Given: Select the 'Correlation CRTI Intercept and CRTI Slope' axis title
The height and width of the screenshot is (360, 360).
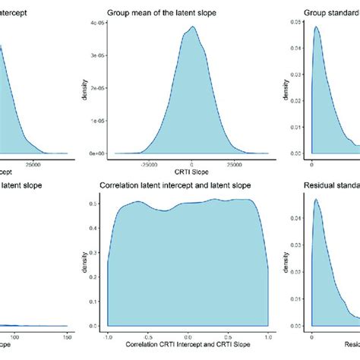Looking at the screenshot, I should (x=191, y=347).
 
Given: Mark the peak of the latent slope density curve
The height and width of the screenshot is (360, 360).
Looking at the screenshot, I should (x=193, y=27).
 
